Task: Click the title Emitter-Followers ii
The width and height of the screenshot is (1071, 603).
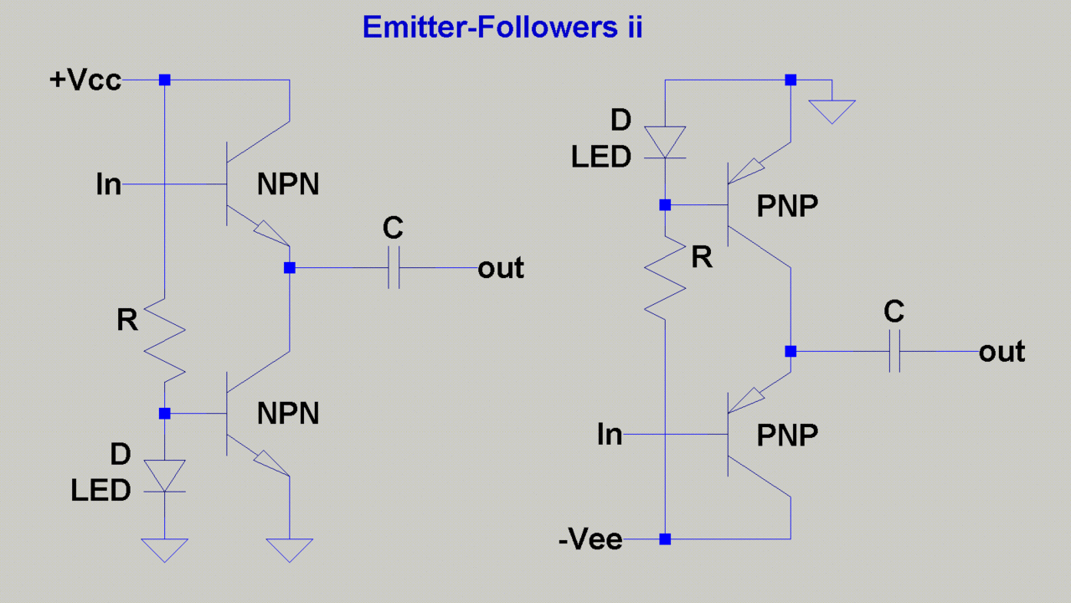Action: click(x=502, y=28)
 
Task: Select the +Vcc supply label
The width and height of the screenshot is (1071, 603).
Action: click(x=85, y=80)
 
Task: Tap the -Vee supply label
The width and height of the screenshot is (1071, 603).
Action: click(x=590, y=540)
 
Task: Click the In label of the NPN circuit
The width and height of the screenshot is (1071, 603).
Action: click(x=109, y=184)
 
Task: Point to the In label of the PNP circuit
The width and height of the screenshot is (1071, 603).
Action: click(x=610, y=435)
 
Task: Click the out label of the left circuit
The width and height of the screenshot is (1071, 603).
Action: click(x=501, y=269)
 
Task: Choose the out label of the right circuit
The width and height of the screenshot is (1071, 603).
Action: click(x=1001, y=352)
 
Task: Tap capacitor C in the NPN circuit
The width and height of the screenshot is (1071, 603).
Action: click(x=394, y=268)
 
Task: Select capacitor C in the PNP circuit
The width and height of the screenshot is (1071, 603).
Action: click(x=894, y=352)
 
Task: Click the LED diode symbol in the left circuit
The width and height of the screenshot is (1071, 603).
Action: click(x=165, y=477)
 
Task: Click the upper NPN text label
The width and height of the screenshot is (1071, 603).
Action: click(x=288, y=185)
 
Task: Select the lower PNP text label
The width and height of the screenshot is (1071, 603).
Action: click(x=787, y=435)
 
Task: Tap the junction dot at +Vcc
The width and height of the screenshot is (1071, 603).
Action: click(x=165, y=80)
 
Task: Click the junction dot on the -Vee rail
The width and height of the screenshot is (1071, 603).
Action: click(x=665, y=539)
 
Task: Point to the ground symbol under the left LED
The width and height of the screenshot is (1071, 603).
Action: click(x=165, y=549)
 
